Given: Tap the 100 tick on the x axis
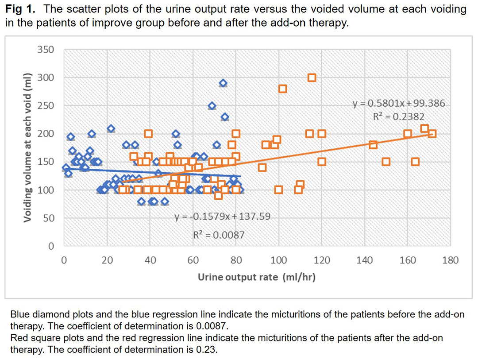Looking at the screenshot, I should pos(278,260).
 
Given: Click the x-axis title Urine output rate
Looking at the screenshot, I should pos(256,277).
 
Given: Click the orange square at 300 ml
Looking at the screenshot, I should pos(312,78).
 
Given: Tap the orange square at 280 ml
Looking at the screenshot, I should pos(283,89).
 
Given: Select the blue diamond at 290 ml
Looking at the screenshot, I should pos(223,83).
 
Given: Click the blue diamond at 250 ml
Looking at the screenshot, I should pos(212,106).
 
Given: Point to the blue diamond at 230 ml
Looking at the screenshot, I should pos(225,117).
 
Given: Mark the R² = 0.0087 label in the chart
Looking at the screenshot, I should pos(219,235).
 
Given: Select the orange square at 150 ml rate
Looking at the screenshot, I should pos(386,162).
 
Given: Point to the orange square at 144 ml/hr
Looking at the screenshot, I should pos(373,145).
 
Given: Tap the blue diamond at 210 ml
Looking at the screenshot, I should pos(111,129).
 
